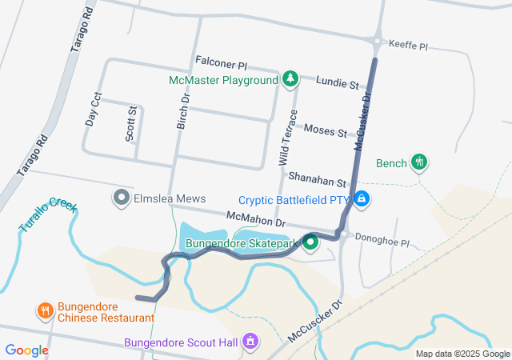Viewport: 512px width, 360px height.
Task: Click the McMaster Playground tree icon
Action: [x=291, y=79]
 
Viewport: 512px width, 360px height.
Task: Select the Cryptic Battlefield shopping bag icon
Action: [x=362, y=198]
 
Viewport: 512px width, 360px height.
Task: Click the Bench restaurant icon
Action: [x=418, y=162]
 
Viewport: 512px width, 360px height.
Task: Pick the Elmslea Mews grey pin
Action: [x=122, y=197]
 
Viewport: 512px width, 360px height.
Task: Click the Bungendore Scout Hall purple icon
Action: [x=250, y=342]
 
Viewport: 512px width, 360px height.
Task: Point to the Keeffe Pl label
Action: [x=408, y=47]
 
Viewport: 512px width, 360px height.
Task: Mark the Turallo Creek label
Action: [x=49, y=215]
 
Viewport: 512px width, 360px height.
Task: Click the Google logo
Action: [x=26, y=350]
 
